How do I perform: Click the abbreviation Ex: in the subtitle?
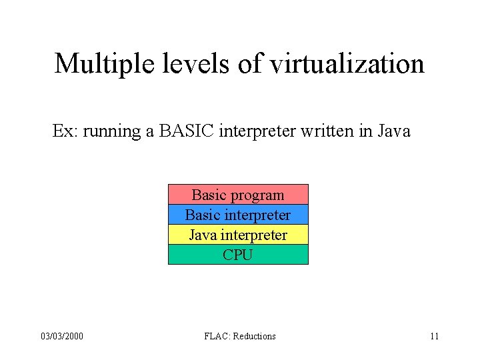pos(65,131)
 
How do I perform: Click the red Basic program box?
pos(238,195)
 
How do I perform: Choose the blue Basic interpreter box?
pos(238,215)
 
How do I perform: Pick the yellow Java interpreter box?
pos(238,235)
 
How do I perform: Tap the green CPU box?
pos(238,255)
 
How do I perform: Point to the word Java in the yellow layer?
pos(203,235)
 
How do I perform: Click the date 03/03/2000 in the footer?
pos(62,336)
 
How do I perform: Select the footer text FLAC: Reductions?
pos(240,336)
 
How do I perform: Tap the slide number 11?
pos(434,336)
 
